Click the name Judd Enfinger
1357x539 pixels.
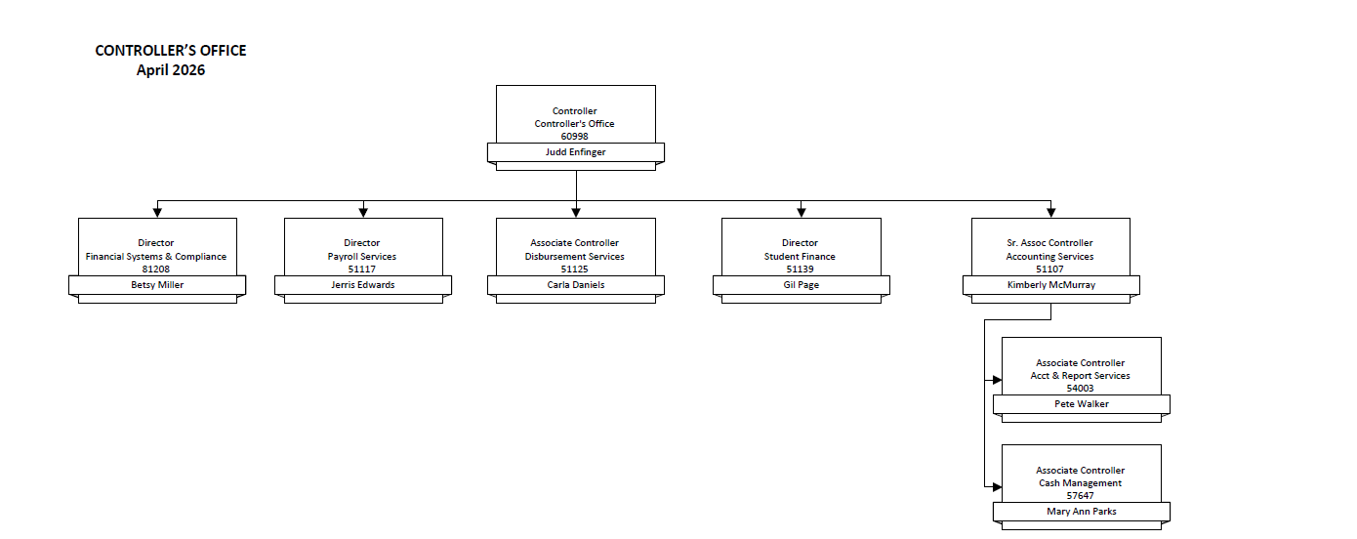pos(575,152)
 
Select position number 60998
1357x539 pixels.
pos(575,137)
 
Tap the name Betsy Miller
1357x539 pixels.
pos(157,285)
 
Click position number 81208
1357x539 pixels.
pos(156,269)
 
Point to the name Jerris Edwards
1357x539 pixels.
pos(362,285)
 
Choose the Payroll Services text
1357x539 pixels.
pos(362,257)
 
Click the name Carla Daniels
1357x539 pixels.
pos(575,285)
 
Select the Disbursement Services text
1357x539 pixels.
pos(575,257)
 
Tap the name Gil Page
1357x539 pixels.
pos(801,285)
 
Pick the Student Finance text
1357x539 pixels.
pos(801,257)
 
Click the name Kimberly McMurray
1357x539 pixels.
pos(1050,285)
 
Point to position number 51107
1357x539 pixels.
pos(1050,269)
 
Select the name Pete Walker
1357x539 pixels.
pos(1081,404)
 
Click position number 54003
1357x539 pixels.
pos(1081,388)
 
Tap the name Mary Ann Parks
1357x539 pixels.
pos(1081,512)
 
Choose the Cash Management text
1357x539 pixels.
pos(1081,483)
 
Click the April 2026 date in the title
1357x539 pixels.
pos(171,70)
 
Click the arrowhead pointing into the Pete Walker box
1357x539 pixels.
pos(997,380)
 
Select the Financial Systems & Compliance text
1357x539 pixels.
pos(156,257)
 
